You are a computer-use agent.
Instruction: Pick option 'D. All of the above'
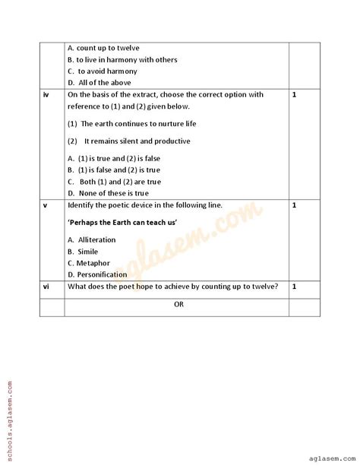99,82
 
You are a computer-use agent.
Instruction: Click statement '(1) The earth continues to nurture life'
132,123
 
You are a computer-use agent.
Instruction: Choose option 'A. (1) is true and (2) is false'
120,158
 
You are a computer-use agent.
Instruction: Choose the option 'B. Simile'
83,251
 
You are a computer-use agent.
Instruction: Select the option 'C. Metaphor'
88,263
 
